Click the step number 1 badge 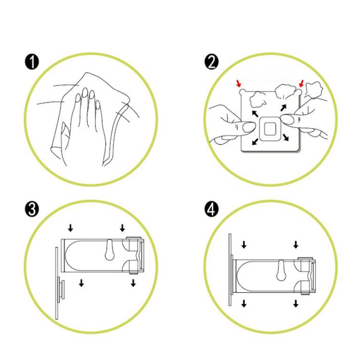(x=31, y=62)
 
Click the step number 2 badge (x=211, y=62)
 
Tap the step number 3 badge (x=31, y=209)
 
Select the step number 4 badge (x=211, y=209)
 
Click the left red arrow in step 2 (x=239, y=84)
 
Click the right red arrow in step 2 (x=301, y=84)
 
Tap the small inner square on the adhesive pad (x=270, y=129)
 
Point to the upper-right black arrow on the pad (x=283, y=108)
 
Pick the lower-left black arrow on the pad (x=255, y=142)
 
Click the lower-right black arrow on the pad (x=286, y=137)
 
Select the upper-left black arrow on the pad (x=255, y=113)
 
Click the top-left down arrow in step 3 (x=71, y=228)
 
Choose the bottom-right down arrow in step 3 (x=133, y=283)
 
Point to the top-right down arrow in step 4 (x=296, y=244)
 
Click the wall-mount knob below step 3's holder (x=61, y=290)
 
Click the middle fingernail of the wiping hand (x=85, y=92)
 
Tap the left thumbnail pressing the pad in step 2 (x=248, y=127)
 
